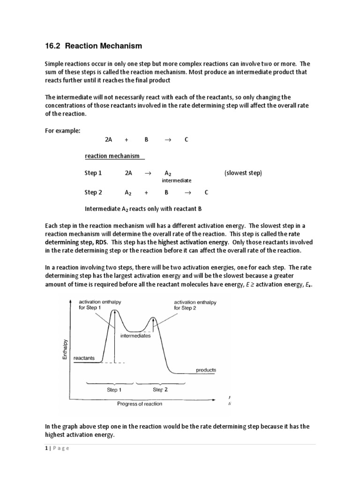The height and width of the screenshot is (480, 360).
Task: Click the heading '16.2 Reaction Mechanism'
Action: click(x=93, y=46)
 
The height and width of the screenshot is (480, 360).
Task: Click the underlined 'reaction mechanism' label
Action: click(x=114, y=156)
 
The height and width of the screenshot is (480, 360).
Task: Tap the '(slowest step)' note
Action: click(x=243, y=173)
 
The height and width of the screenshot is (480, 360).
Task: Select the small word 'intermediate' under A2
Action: click(x=176, y=180)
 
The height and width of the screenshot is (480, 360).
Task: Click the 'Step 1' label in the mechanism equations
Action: click(x=93, y=173)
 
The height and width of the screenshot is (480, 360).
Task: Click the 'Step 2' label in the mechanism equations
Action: click(x=93, y=192)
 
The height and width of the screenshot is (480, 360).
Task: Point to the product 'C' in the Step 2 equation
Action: click(x=207, y=192)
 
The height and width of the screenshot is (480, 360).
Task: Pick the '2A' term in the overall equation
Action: click(x=109, y=140)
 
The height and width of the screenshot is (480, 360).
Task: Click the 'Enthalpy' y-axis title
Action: click(x=66, y=350)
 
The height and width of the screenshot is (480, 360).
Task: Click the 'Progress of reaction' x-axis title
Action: click(x=140, y=404)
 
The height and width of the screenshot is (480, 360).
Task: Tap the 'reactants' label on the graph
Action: click(x=84, y=358)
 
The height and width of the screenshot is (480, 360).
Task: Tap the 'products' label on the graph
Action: click(x=206, y=370)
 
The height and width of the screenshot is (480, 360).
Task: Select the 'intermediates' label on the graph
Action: click(x=135, y=336)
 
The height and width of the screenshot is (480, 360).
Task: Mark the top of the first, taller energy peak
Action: click(x=113, y=310)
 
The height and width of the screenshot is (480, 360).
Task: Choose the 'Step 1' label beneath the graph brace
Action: click(x=114, y=390)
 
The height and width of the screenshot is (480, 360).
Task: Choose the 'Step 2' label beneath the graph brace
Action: click(x=160, y=390)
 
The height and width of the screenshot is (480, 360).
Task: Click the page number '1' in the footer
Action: click(x=46, y=448)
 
